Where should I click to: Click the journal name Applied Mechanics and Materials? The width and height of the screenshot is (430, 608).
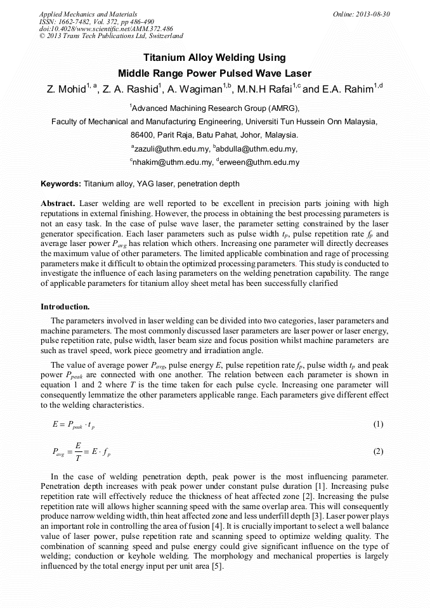click(x=88, y=13)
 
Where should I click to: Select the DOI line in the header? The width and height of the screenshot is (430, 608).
click(x=106, y=29)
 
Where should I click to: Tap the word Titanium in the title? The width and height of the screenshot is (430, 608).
click(x=166, y=58)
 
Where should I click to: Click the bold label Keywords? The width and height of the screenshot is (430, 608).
click(x=61, y=184)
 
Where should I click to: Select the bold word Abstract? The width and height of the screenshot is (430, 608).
click(x=58, y=204)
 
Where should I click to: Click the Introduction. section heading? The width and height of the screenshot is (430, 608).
click(x=65, y=307)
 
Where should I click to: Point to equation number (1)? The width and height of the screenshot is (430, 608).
click(x=378, y=424)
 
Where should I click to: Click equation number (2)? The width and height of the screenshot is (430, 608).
click(x=378, y=452)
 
